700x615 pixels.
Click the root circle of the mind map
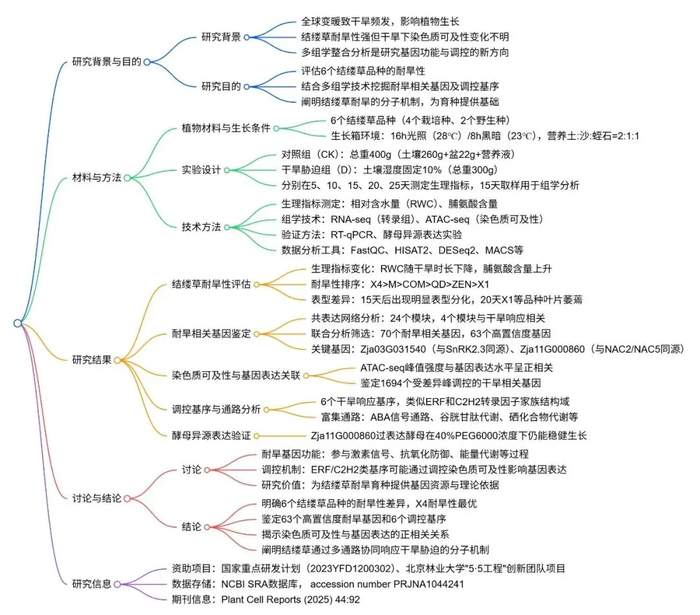pyautogui.click(x=17, y=323)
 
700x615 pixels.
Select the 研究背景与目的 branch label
pyautogui.click(x=106, y=62)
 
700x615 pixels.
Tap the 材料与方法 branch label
pyautogui.click(x=97, y=177)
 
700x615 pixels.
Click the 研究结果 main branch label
pyautogui.click(x=91, y=360)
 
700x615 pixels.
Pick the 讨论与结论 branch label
pyautogui.click(x=97, y=498)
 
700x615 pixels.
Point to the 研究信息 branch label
pyautogui.click(x=91, y=583)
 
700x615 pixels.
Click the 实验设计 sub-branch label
pyautogui.click(x=201, y=170)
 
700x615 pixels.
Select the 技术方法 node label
pyautogui.click(x=201, y=227)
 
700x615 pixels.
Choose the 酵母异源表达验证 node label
pyautogui.click(x=211, y=436)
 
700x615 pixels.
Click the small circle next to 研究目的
pyautogui.click(x=247, y=86)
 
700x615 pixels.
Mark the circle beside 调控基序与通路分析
pyautogui.click(x=265, y=409)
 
